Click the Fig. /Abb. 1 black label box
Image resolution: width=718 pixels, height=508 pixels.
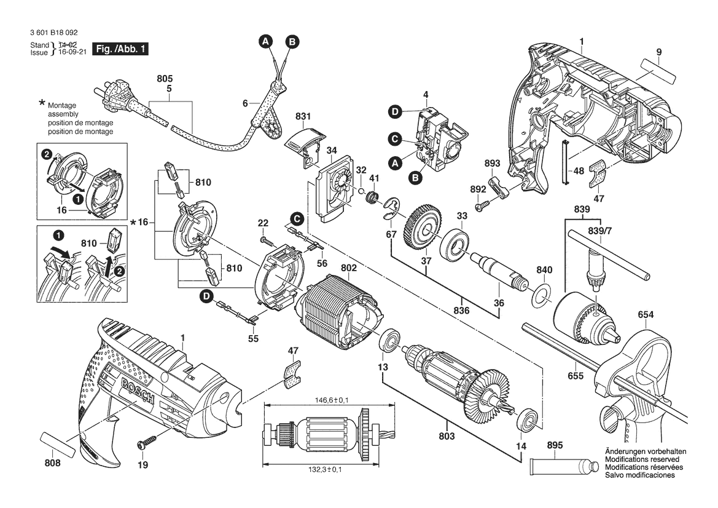click(x=120, y=49)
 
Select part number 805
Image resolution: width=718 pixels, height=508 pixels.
click(x=165, y=79)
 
